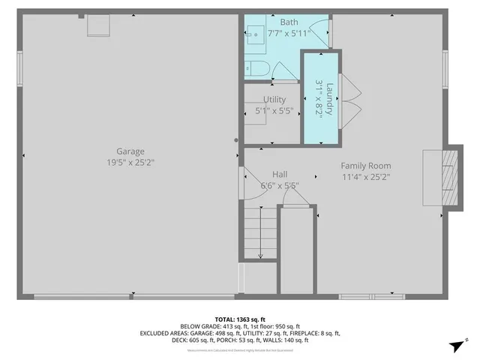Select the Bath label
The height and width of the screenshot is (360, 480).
268,22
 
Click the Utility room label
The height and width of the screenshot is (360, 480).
274,100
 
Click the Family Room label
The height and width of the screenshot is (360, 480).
365,166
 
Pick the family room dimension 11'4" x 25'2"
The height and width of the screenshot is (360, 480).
365,177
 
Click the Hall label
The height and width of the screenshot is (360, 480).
280,173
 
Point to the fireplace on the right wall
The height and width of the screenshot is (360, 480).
442,174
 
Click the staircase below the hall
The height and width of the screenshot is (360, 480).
259,234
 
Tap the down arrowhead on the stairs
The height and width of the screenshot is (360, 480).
260,256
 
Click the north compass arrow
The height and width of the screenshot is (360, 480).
454,346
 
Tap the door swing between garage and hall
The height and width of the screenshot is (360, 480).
250,183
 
